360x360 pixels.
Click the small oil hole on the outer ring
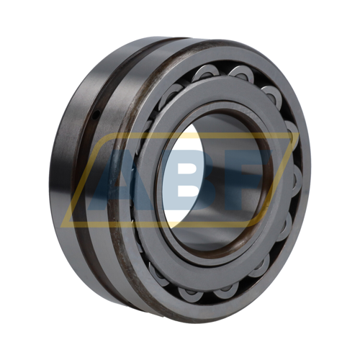[96, 114]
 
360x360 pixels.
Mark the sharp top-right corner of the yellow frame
[298, 132]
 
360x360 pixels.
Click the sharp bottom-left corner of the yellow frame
[60, 227]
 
